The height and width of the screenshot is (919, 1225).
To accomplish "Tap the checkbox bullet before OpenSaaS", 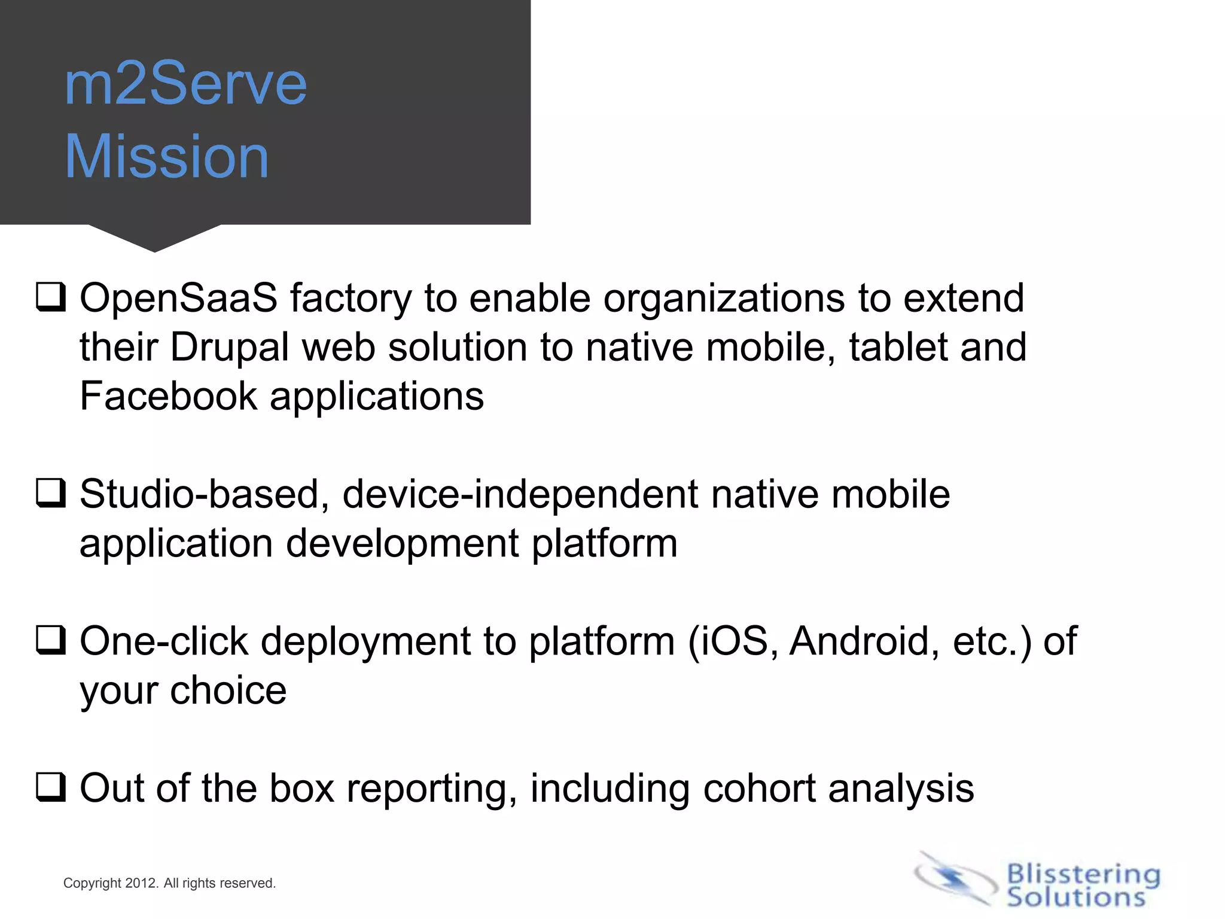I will coord(51,297).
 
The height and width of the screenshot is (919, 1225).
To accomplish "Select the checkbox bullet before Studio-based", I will coord(51,494).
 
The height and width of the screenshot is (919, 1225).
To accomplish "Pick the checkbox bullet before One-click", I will coord(51,641).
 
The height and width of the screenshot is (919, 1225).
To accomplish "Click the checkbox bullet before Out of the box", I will coord(51,787).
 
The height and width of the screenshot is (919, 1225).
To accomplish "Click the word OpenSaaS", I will coord(178,298).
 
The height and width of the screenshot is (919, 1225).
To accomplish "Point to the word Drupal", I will coord(229,347).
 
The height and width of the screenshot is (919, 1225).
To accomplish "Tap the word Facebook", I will coord(168,396).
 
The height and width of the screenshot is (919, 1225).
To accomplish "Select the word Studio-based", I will coord(204,494).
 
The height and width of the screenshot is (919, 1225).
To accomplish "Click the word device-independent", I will coord(520,494).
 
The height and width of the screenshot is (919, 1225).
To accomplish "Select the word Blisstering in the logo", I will coord(1083,875).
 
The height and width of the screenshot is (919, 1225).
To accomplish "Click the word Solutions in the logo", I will coord(1075,897).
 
